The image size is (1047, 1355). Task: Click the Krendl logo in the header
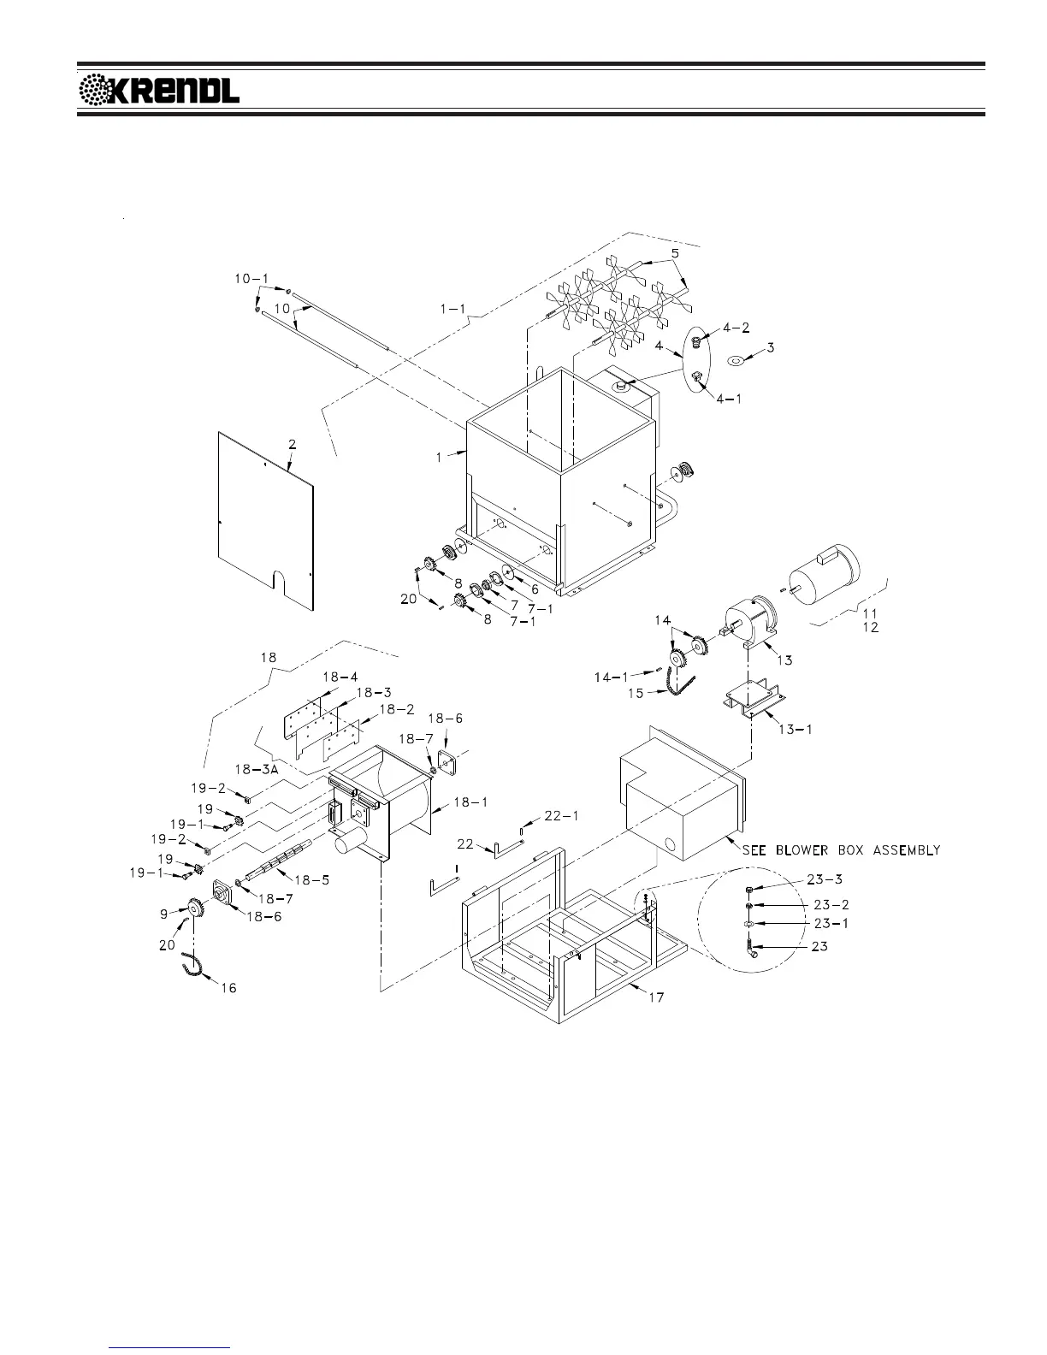(159, 90)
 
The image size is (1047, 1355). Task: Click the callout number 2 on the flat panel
(292, 444)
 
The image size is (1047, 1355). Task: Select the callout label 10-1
(251, 279)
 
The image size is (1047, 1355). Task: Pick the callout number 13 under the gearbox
(784, 660)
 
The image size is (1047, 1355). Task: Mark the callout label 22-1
(561, 816)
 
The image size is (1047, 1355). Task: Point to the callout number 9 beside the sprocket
(163, 914)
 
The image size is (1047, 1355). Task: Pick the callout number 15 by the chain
(636, 693)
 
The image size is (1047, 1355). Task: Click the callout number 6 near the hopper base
(535, 589)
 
